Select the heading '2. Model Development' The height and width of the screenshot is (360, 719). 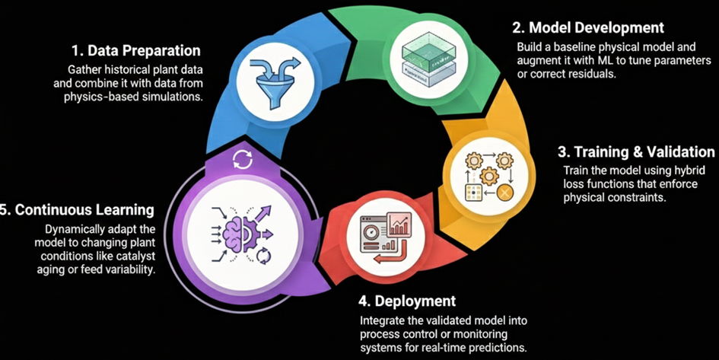pos(588,28)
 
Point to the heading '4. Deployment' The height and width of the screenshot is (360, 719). pos(407,301)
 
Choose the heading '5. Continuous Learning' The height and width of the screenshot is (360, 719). pos(78,209)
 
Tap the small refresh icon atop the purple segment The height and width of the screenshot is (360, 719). pos(243,159)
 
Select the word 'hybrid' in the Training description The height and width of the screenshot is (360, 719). pos(686,170)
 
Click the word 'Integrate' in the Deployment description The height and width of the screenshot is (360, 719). pos(382,320)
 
